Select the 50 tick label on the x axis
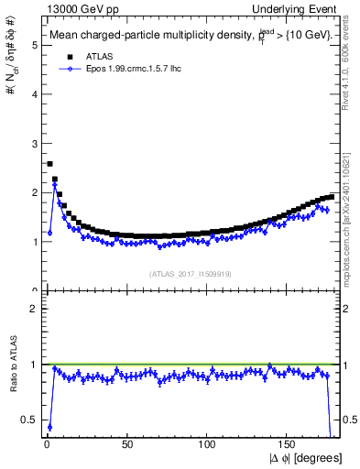[126, 443]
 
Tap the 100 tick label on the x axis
[207, 443]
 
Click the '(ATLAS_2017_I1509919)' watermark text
[190, 274]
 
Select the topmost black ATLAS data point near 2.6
[49, 164]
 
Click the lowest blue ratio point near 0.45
[49, 427]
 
